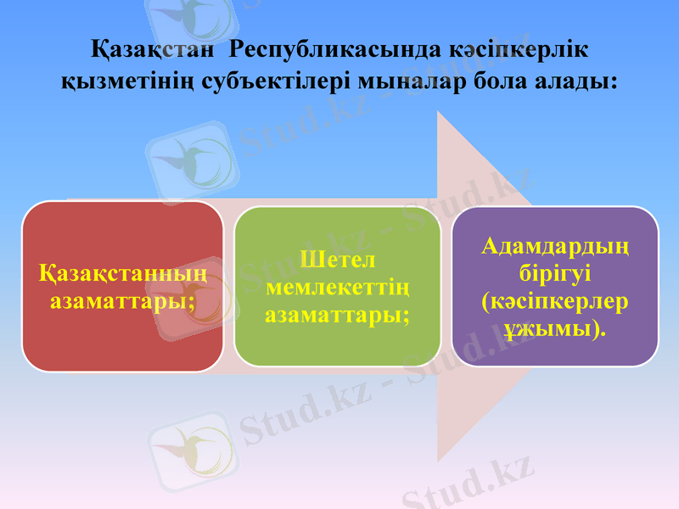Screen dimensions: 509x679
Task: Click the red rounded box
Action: point(123,339)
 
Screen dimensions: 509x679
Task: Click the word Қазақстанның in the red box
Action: point(123,276)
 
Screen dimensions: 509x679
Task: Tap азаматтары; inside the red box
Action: point(123,300)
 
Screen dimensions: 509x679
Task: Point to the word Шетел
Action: point(337,258)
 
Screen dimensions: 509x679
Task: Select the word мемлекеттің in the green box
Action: point(337,286)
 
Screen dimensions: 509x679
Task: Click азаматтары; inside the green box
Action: point(337,314)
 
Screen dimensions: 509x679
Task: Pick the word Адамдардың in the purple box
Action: point(555,247)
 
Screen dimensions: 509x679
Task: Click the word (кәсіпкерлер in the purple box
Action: point(555,301)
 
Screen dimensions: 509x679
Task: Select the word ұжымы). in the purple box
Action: point(555,328)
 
